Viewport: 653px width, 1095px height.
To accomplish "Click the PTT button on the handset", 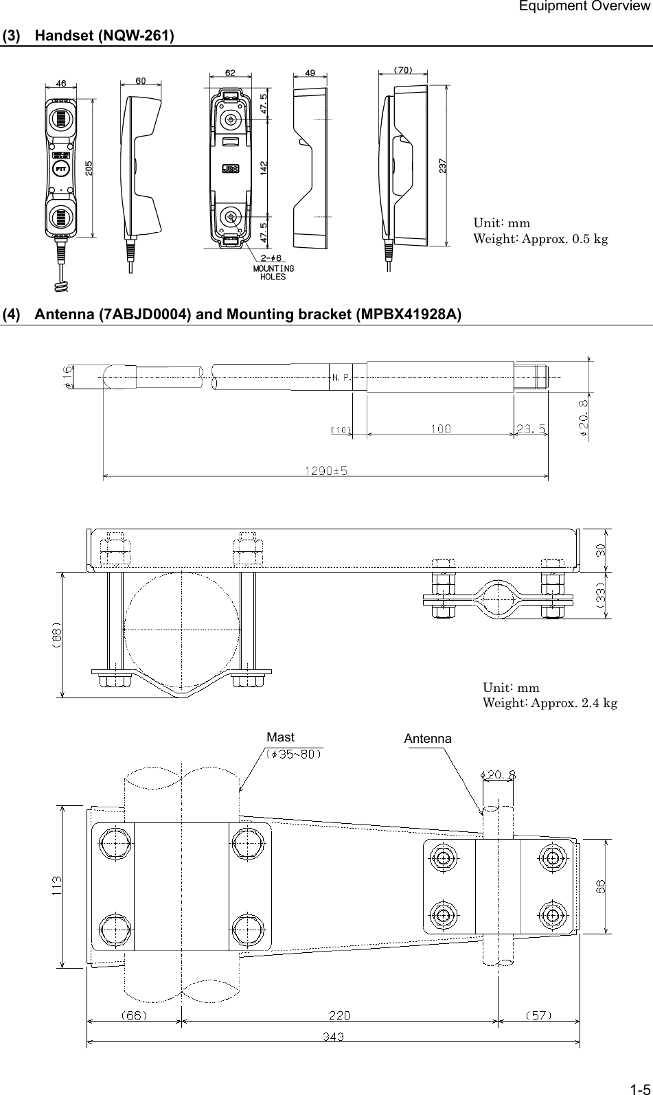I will coord(60,169).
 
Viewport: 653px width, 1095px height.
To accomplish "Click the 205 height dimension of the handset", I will coord(88,169).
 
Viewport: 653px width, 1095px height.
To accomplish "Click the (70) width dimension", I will coord(403,69).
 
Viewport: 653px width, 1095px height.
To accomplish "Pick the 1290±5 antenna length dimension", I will coord(325,471).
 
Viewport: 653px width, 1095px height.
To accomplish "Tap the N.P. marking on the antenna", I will coord(341,377).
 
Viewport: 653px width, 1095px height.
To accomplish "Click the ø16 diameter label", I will coord(67,377).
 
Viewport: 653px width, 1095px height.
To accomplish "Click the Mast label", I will coord(280,737).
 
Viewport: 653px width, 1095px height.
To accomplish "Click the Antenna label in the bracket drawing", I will coord(428,739).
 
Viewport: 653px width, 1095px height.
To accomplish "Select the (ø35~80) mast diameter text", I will coord(294,752).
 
